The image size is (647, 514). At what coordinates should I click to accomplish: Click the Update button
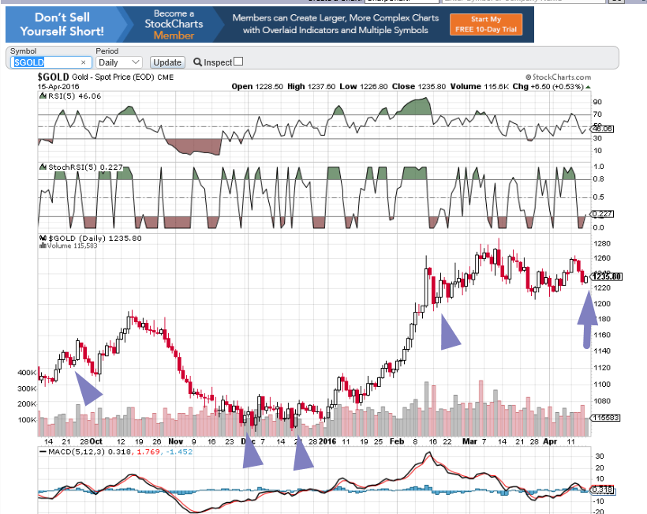point(167,62)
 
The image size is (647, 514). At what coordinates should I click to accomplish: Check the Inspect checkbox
point(238,62)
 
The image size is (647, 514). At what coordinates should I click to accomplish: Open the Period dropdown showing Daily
point(118,62)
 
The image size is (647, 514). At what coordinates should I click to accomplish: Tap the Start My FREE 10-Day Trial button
point(484,24)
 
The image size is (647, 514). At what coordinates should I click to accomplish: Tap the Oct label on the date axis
point(95,441)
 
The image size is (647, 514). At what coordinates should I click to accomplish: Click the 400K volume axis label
point(27,372)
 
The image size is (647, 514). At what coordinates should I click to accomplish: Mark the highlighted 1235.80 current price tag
point(607,276)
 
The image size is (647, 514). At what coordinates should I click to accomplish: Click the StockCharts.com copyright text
point(557,77)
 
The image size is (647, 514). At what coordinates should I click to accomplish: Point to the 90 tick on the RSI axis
point(597,102)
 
